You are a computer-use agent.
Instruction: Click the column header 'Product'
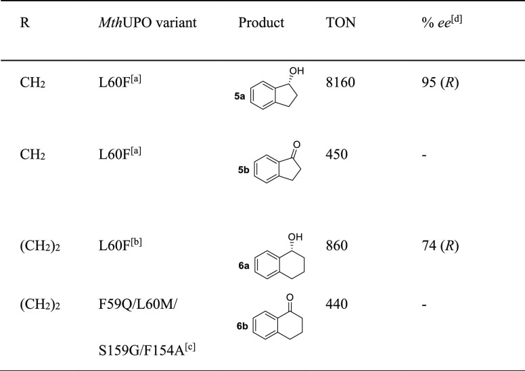click(261, 22)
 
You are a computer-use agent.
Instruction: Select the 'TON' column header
click(341, 22)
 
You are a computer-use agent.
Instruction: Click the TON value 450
click(338, 154)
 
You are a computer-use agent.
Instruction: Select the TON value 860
click(338, 246)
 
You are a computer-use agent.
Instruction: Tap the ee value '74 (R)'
click(441, 246)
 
